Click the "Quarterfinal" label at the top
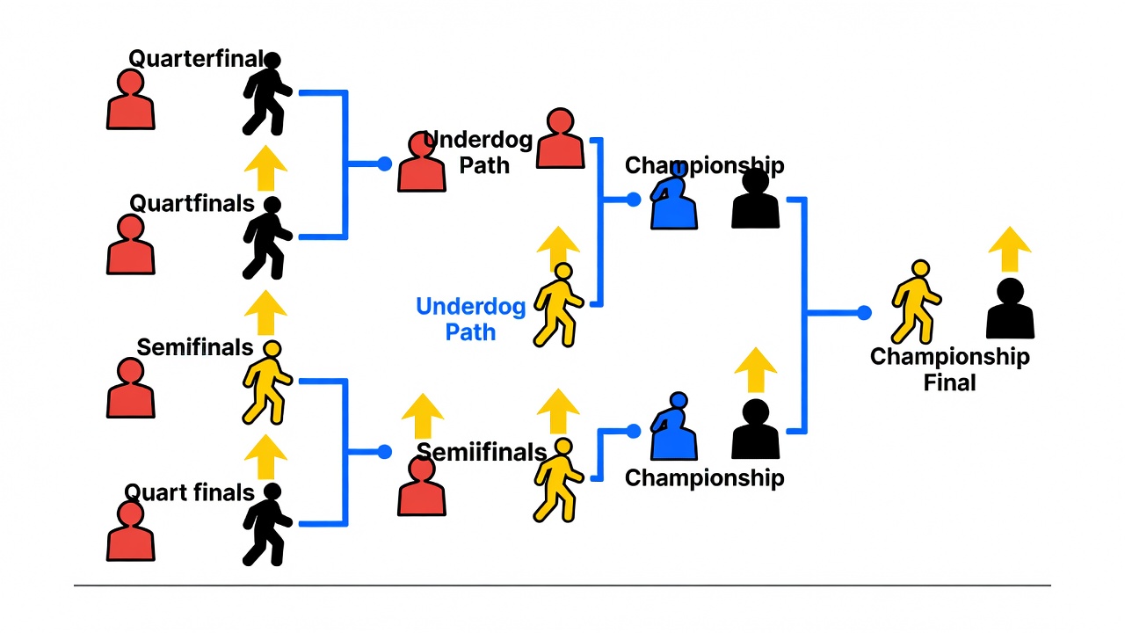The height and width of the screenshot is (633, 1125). coord(196,59)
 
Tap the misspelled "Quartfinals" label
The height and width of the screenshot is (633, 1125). coord(192,203)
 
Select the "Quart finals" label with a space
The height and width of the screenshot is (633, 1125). coord(189,492)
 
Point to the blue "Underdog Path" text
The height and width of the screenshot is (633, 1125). coord(470,319)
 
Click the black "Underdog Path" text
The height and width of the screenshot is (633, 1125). coord(479,152)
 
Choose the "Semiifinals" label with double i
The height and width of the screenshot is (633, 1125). coord(482,452)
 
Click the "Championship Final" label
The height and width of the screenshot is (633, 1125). coord(950,369)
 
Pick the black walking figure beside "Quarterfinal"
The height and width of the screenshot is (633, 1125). coord(267,94)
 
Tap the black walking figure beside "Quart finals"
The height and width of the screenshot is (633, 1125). coord(267,525)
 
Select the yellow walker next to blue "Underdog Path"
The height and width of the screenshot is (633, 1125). coord(558,305)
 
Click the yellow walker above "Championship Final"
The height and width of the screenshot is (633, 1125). coord(916,302)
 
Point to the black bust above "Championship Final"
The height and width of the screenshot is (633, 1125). coord(1010,308)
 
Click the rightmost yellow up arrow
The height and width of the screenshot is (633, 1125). coord(1010,249)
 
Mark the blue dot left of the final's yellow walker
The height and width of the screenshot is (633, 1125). coord(864,313)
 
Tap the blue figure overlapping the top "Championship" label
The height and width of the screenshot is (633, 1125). coord(673,196)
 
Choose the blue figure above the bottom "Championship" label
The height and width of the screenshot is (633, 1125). coord(673,426)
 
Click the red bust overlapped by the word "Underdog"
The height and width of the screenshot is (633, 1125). coord(421,162)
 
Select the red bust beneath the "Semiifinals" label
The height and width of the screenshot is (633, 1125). coord(421,486)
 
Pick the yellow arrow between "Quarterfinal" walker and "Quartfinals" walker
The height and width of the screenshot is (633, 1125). coord(265,168)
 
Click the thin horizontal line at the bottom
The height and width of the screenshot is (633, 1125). coord(562,586)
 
